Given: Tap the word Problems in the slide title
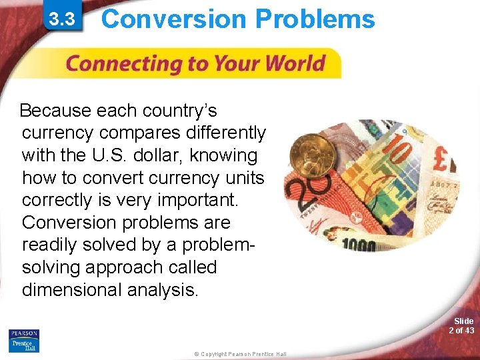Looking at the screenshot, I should pyautogui.click(x=315, y=19).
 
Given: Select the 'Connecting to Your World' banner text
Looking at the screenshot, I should pyautogui.click(x=195, y=65).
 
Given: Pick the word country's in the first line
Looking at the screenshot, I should pyautogui.click(x=180, y=110).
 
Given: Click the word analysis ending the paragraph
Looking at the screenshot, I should pyautogui.click(x=165, y=291).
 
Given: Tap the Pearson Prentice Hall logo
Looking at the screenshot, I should pyautogui.click(x=24, y=341).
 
